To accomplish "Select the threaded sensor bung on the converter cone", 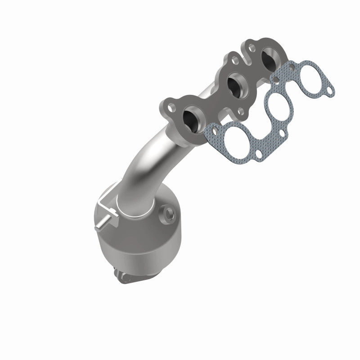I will (169, 211).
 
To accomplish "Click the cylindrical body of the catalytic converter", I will (135, 238).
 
